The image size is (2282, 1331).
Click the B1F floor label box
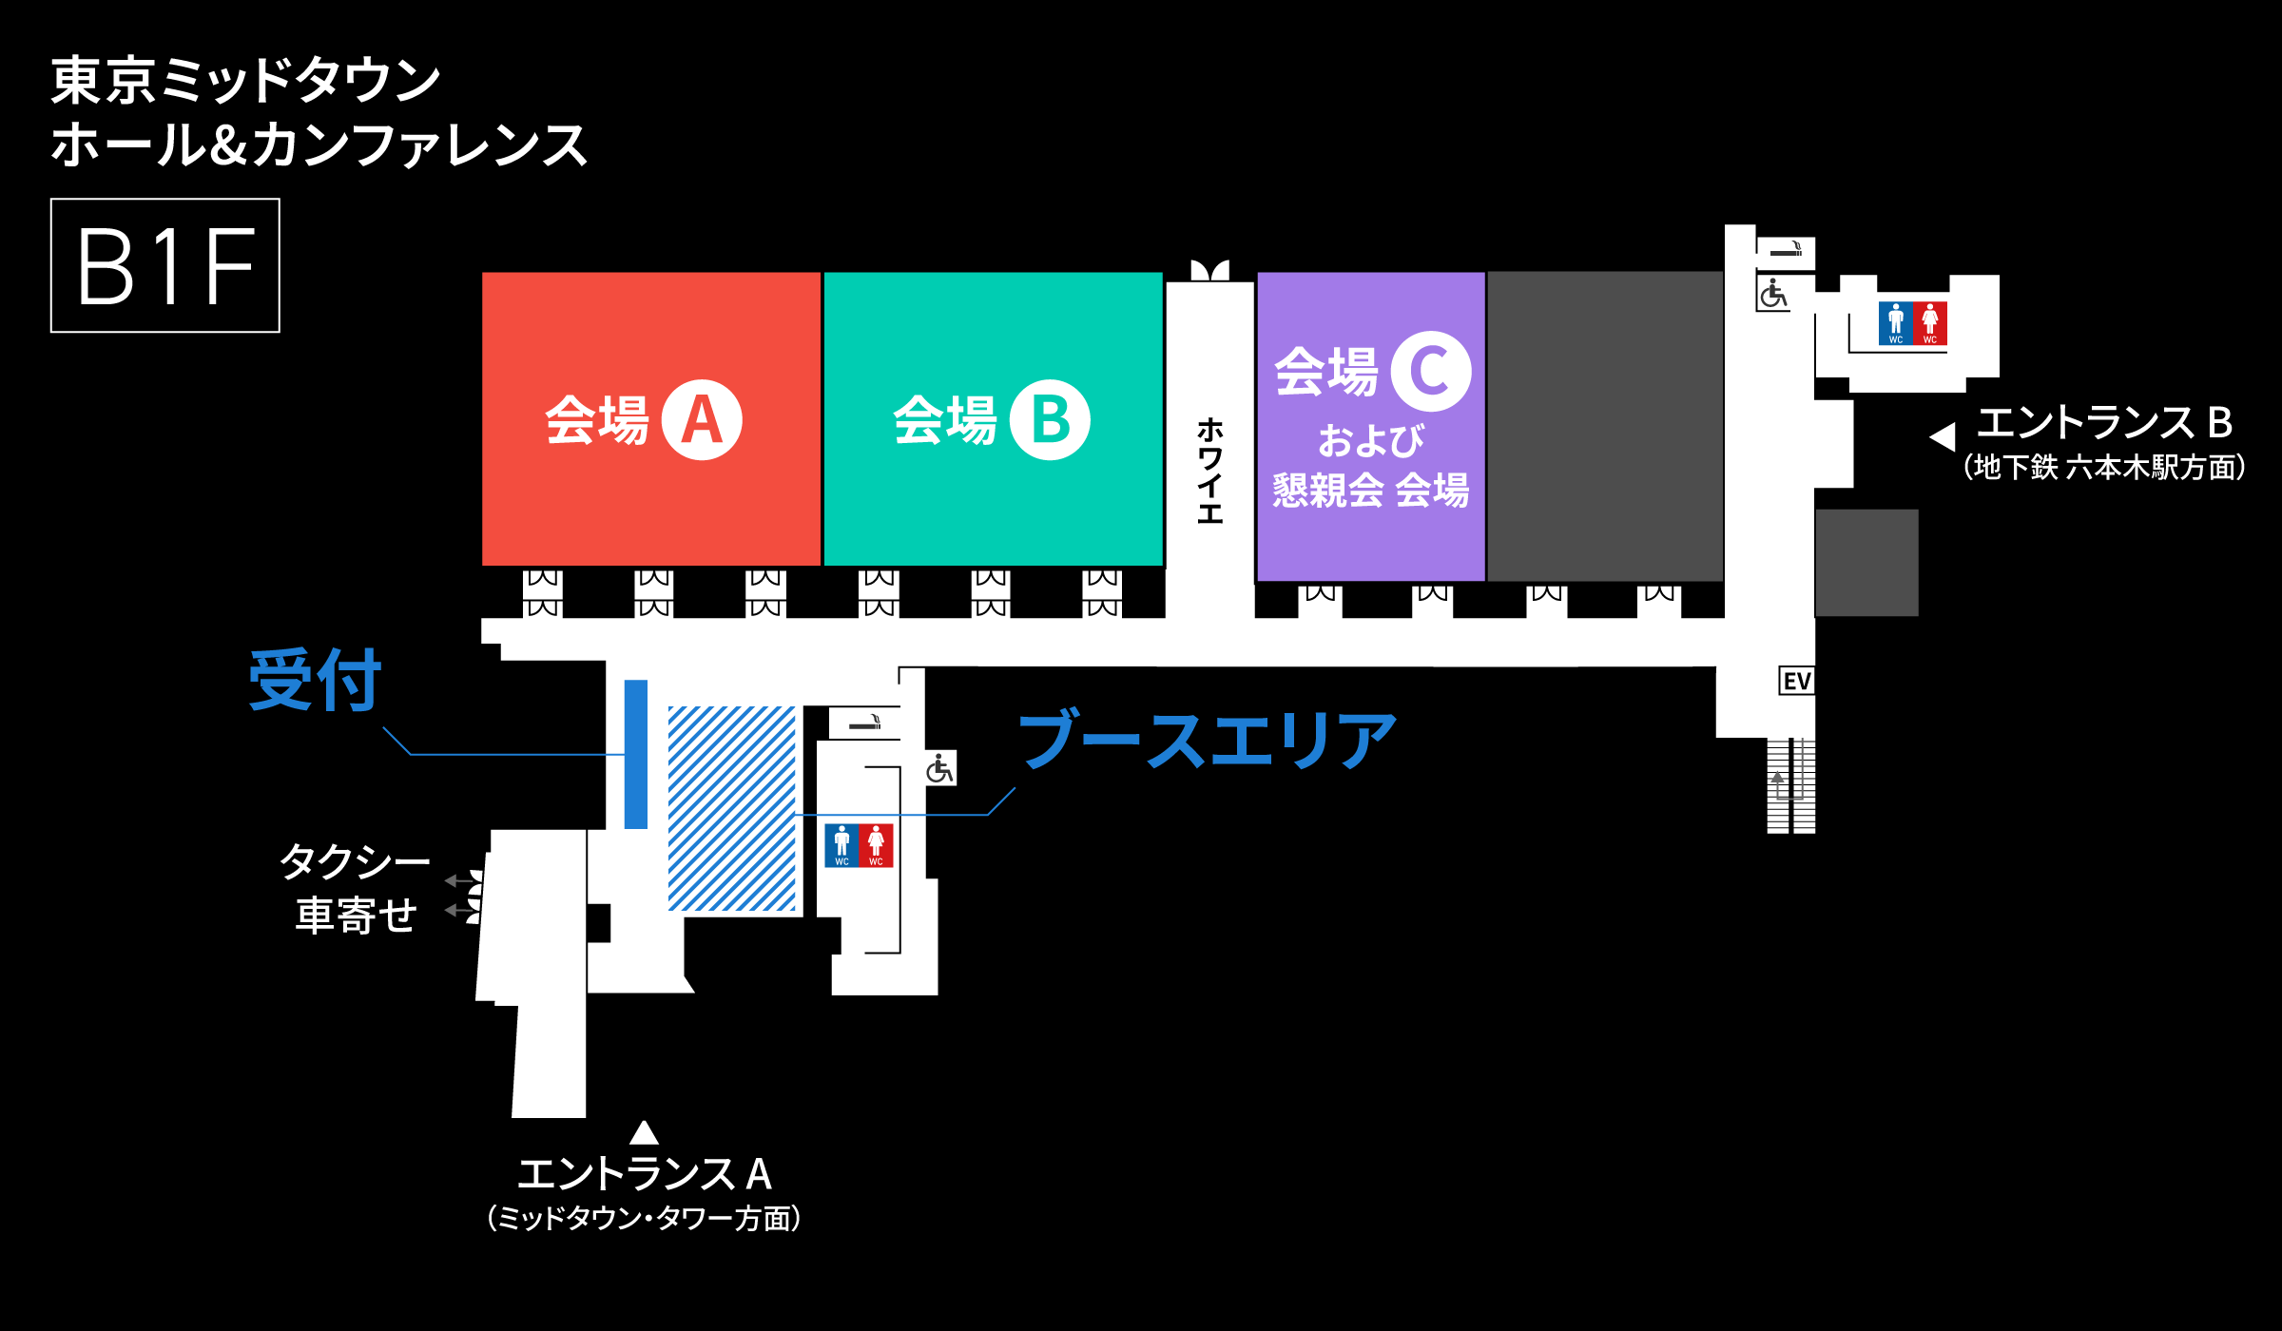coord(165,265)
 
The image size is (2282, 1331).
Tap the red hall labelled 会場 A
coord(651,419)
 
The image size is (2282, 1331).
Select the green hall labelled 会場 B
coord(993,419)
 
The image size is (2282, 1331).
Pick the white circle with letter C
coord(1431,371)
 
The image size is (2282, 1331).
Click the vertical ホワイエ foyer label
coord(1209,471)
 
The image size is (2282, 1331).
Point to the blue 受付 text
coord(315,680)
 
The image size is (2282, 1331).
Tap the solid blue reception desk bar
coord(635,754)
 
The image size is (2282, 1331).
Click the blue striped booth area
coord(731,808)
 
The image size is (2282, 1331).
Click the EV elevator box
coord(1796,681)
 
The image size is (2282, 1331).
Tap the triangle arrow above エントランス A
coord(644,1132)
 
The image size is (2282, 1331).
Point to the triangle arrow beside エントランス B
coord(1943,436)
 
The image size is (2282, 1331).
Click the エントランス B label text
coord(2104,423)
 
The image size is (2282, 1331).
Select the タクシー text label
coord(355,861)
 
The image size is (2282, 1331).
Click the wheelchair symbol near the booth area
coord(939,768)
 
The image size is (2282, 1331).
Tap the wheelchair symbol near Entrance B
coord(1772,293)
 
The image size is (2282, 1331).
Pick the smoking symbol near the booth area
coord(864,723)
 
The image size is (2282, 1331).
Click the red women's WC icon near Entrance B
coord(1930,323)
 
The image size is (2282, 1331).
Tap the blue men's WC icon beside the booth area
coord(841,845)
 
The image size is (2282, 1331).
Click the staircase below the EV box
coord(1790,785)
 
